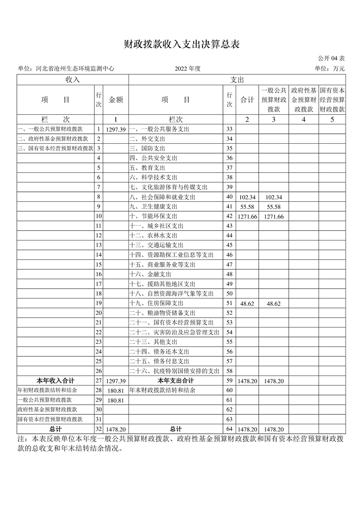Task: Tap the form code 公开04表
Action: [x=331, y=59]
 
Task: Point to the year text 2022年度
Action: [x=187, y=69]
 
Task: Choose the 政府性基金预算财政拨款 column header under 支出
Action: [x=303, y=100]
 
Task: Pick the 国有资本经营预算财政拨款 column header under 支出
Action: [x=332, y=100]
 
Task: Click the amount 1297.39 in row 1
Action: [x=116, y=129]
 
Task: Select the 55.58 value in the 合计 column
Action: [x=247, y=207]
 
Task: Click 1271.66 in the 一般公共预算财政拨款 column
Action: [x=274, y=216]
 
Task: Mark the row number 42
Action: [x=229, y=216]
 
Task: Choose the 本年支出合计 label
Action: [x=176, y=380]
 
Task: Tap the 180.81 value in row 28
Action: [x=116, y=390]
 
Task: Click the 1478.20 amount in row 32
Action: [x=116, y=429]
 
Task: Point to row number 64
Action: [x=229, y=429]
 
